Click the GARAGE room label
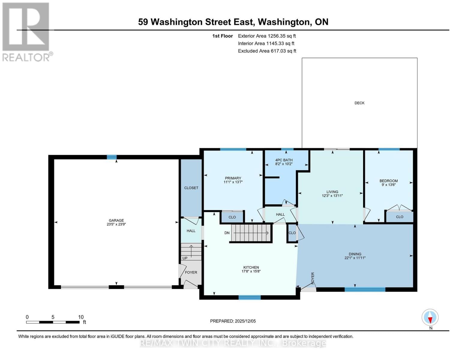tap(116, 220)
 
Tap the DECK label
tap(359, 103)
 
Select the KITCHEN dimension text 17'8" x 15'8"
tap(251, 271)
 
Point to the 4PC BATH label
tap(284, 160)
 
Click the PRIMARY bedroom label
tap(233, 178)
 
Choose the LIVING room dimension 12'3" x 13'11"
tap(332, 196)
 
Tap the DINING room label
tap(355, 254)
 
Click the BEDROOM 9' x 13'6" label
tap(389, 181)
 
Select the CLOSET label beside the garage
tap(191, 188)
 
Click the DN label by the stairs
tap(227, 233)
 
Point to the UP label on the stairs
tap(185, 258)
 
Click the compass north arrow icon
tap(430, 317)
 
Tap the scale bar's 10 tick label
tap(81, 317)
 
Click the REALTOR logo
tap(26, 31)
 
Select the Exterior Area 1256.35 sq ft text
tap(267, 36)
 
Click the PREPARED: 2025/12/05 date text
tap(233, 321)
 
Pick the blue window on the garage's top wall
tap(112, 157)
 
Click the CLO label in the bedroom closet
tap(399, 217)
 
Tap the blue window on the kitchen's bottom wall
tap(249, 297)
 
